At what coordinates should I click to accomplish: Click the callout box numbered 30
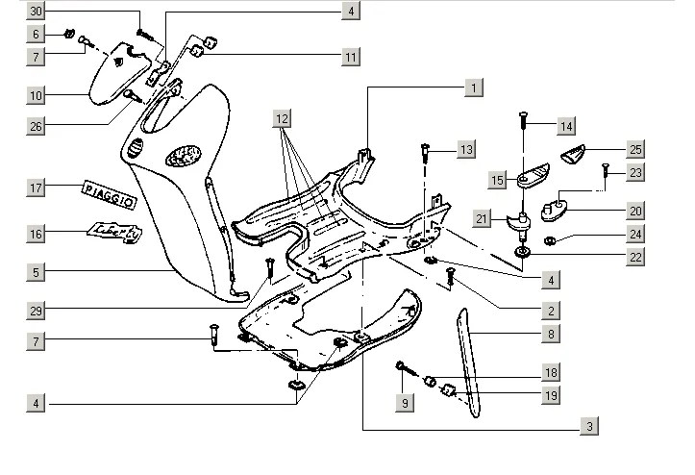(x=36, y=12)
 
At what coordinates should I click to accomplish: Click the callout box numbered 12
(x=281, y=118)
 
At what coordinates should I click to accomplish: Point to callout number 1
(x=474, y=87)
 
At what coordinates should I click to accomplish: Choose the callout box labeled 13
(x=465, y=149)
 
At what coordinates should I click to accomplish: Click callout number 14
(x=565, y=126)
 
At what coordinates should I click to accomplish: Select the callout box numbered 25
(x=635, y=149)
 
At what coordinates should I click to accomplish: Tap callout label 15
(x=497, y=180)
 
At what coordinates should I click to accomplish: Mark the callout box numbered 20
(x=635, y=211)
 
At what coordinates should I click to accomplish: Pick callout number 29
(x=36, y=310)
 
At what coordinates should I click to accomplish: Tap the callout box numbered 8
(x=551, y=334)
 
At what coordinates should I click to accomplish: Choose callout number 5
(x=36, y=272)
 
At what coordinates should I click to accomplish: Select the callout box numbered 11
(x=351, y=57)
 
